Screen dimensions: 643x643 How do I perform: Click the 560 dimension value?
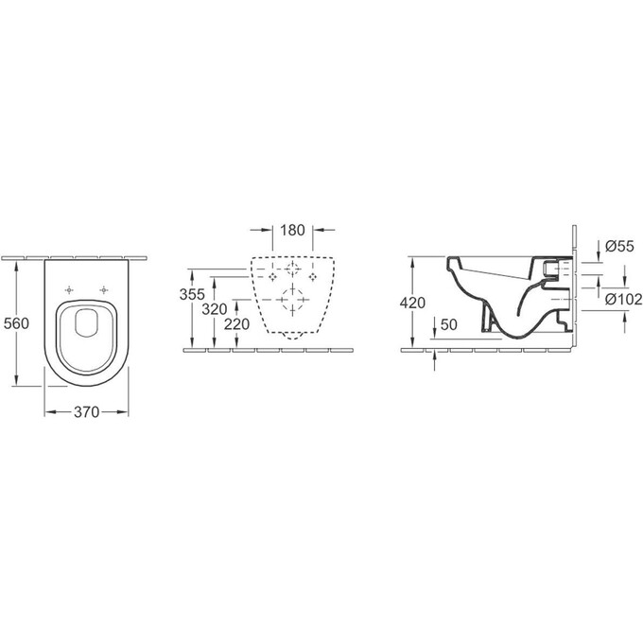click(17, 322)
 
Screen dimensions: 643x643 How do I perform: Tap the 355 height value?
click(192, 294)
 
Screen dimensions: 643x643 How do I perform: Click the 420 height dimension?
click(413, 303)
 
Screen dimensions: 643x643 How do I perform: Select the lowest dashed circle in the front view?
click(292, 304)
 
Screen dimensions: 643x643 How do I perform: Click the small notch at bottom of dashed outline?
click(292, 333)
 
